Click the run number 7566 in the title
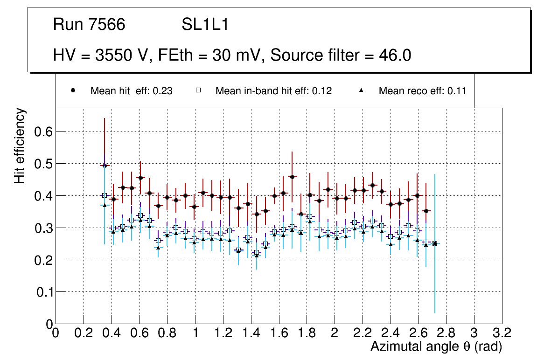point(106,25)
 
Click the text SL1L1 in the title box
point(205,25)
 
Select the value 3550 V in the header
point(123,55)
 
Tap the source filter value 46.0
point(395,55)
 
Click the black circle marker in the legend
point(73,90)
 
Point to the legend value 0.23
point(163,91)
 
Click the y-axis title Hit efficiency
point(20,145)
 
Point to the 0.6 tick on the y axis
point(42,132)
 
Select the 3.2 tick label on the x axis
point(502,332)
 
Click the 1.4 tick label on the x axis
point(251,332)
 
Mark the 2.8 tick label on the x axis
point(446,332)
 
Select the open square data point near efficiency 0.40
point(105,195)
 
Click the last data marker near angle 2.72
point(435,243)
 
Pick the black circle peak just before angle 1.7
point(292,177)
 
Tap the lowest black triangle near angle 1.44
point(256,256)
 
